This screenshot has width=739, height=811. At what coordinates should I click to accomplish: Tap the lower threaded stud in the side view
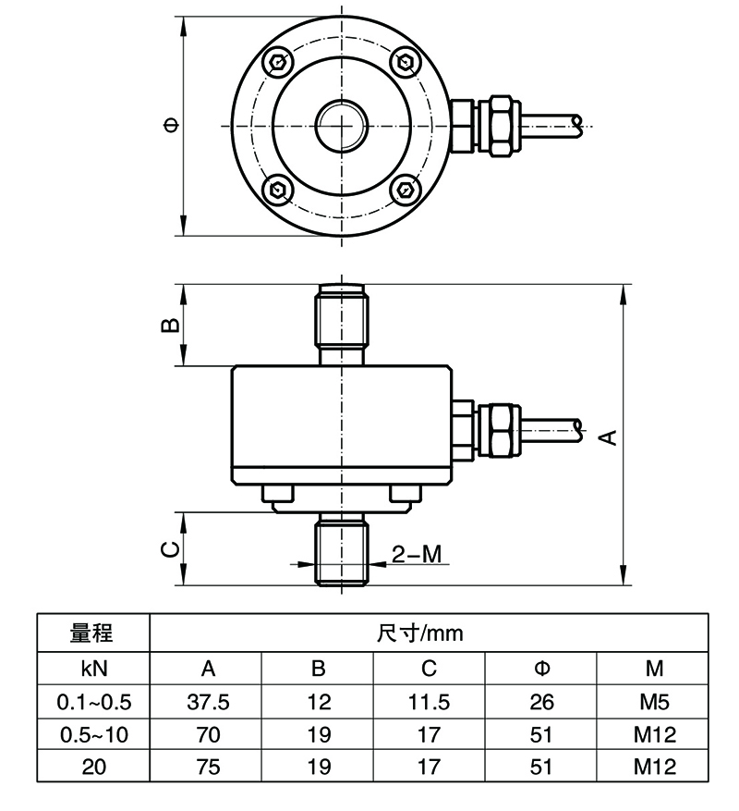pyautogui.click(x=342, y=551)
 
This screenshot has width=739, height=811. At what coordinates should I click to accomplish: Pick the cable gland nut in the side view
pyautogui.click(x=500, y=428)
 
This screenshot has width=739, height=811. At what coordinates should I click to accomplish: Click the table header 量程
pyautogui.click(x=92, y=633)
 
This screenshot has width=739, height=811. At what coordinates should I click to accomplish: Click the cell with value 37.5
pyautogui.click(x=208, y=702)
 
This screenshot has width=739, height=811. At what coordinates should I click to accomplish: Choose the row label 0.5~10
pyautogui.click(x=92, y=734)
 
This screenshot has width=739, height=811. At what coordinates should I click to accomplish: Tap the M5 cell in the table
pyautogui.click(x=652, y=702)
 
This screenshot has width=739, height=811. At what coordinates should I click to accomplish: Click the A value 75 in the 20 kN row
pyautogui.click(x=208, y=767)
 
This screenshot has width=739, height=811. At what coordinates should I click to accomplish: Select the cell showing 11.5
pyautogui.click(x=430, y=702)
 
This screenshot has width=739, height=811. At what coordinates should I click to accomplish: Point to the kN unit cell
pyautogui.click(x=92, y=669)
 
